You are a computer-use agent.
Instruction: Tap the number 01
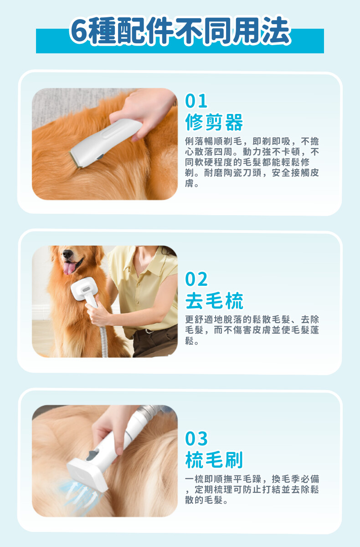196,101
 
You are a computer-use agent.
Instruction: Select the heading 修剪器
214,122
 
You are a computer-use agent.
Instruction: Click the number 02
196,279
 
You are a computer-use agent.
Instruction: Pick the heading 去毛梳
214,300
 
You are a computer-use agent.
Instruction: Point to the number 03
196,439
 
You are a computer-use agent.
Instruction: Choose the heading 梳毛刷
214,459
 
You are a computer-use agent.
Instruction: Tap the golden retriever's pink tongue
70,268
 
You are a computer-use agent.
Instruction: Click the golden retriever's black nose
67,254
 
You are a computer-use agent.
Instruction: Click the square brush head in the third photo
87,474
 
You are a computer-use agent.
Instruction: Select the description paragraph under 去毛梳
252,330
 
